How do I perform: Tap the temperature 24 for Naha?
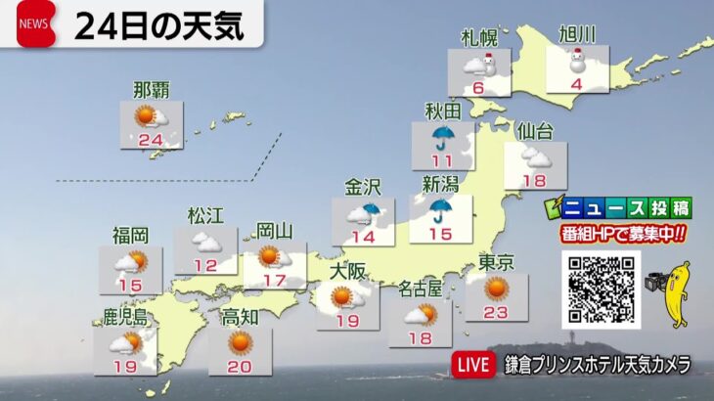tap(152, 140)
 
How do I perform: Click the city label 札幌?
tap(479, 37)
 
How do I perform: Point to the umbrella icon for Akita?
tap(444, 136)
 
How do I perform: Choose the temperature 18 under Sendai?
tap(533, 180)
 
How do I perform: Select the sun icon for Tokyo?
tap(497, 287)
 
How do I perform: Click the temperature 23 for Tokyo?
tap(497, 313)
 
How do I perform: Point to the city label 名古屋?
tap(421, 290)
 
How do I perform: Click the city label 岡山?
tap(275, 231)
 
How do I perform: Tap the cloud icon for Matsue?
tap(204, 241)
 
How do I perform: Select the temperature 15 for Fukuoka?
tap(130, 285)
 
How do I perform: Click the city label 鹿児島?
tap(125, 317)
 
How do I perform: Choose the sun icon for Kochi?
tap(240, 341)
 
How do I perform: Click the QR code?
tap(600, 290)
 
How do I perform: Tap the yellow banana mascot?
tap(677, 293)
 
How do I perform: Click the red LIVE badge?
tap(474, 365)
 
